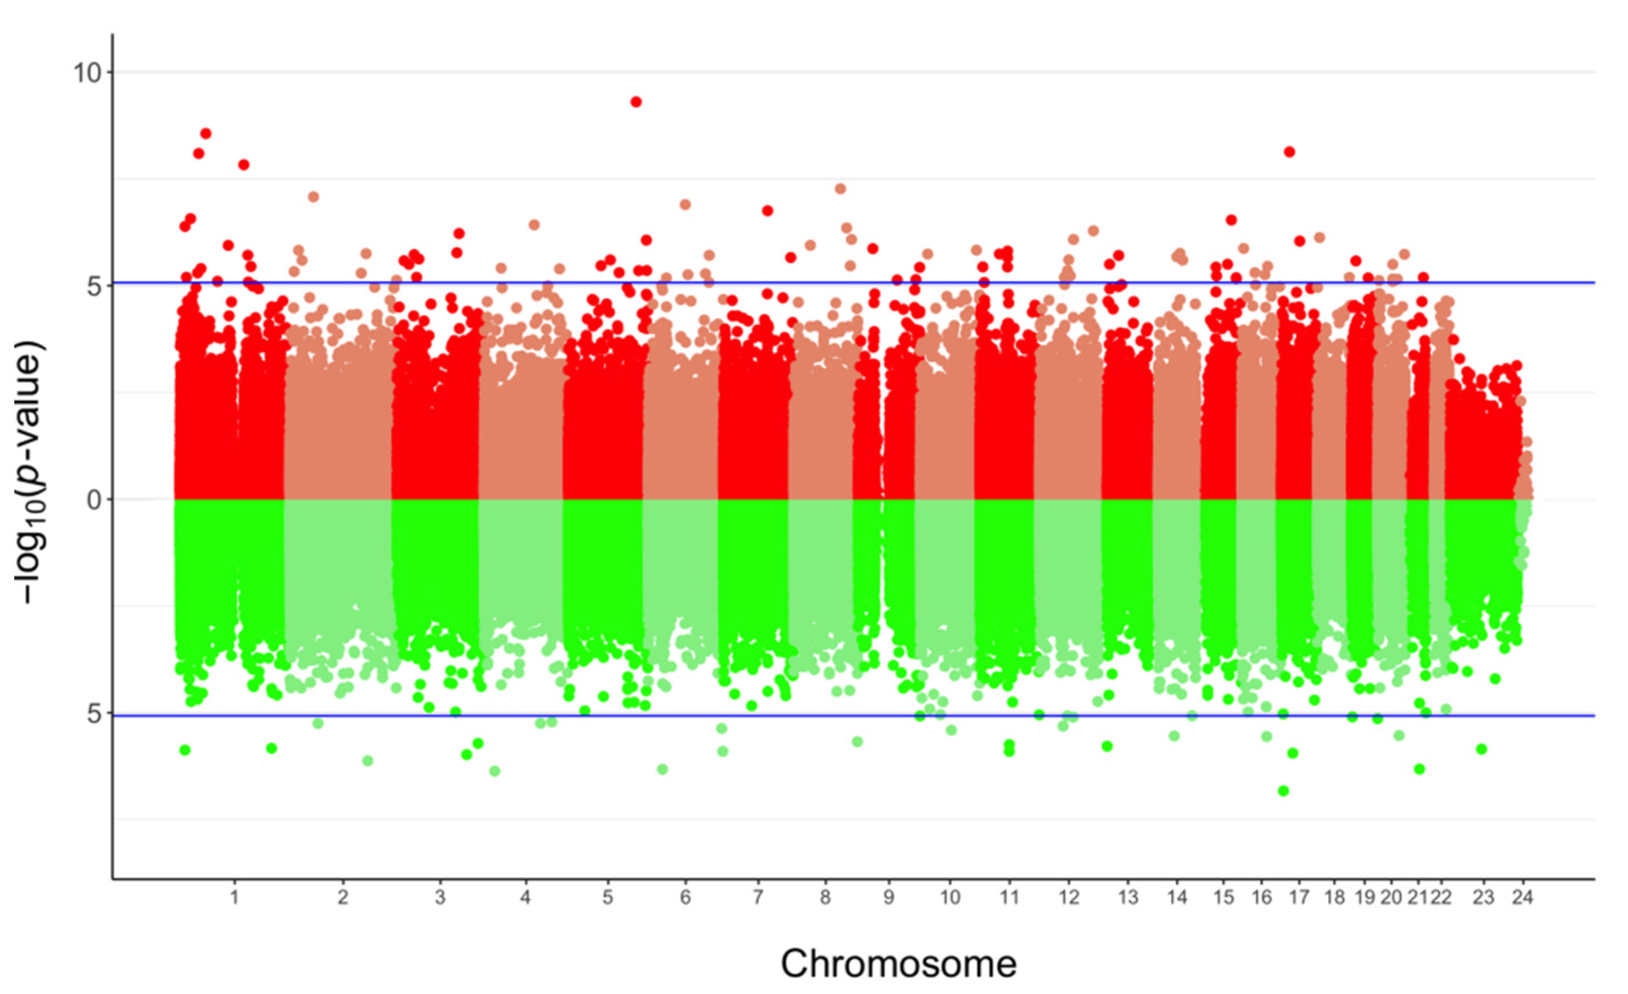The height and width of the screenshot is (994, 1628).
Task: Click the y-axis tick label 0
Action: pos(94,500)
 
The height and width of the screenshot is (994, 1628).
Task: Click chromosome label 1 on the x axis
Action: pos(234,897)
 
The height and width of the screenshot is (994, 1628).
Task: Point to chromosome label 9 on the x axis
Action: pos(889,897)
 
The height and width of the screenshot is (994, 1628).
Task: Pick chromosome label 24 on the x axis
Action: pos(1523,897)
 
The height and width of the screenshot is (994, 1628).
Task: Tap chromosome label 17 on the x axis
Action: pos(1299,897)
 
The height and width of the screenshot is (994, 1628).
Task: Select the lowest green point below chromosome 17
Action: pos(1283,791)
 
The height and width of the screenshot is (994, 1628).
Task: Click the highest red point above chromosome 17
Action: pos(1289,152)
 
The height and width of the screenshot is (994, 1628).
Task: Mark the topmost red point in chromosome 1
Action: pos(206,133)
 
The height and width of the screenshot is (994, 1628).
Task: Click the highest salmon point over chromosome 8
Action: pos(841,189)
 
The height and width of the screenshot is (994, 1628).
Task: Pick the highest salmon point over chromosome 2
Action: pos(313,197)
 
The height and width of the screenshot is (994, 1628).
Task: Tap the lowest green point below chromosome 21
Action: pos(1419,769)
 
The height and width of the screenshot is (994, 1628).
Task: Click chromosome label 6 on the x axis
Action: pos(685,897)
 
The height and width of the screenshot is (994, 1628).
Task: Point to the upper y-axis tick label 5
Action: pos(94,286)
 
